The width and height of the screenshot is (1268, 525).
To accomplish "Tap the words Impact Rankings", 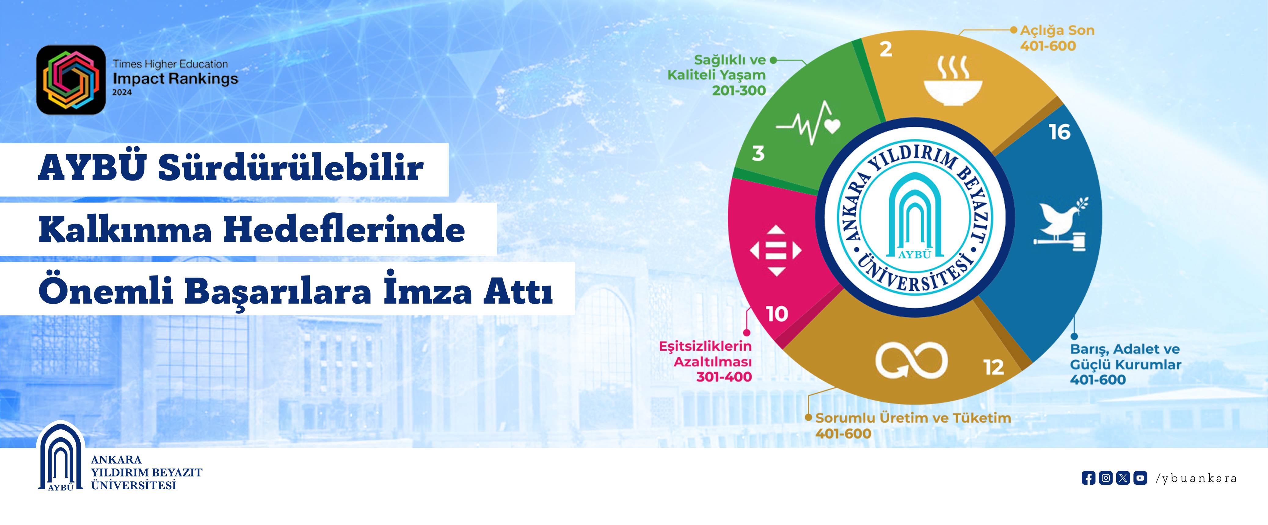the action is coord(175,79).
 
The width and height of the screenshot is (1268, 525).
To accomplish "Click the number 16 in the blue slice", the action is coord(1060,132).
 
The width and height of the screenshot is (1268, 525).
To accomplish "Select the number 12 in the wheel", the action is coord(994,367).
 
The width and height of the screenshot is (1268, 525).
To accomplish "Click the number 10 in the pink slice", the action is coord(777,314).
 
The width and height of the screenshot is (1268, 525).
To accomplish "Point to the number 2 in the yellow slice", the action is coord(886,49).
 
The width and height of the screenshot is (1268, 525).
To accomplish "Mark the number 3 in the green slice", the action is coord(758,154).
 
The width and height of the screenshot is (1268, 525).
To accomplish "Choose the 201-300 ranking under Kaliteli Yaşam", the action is coord(739,90).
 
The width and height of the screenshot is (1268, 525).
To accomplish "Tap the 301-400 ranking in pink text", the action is coord(724,377).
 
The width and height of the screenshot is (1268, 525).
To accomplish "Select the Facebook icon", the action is coord(1088,478).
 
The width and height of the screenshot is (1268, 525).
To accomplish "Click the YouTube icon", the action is coord(1140,478).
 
